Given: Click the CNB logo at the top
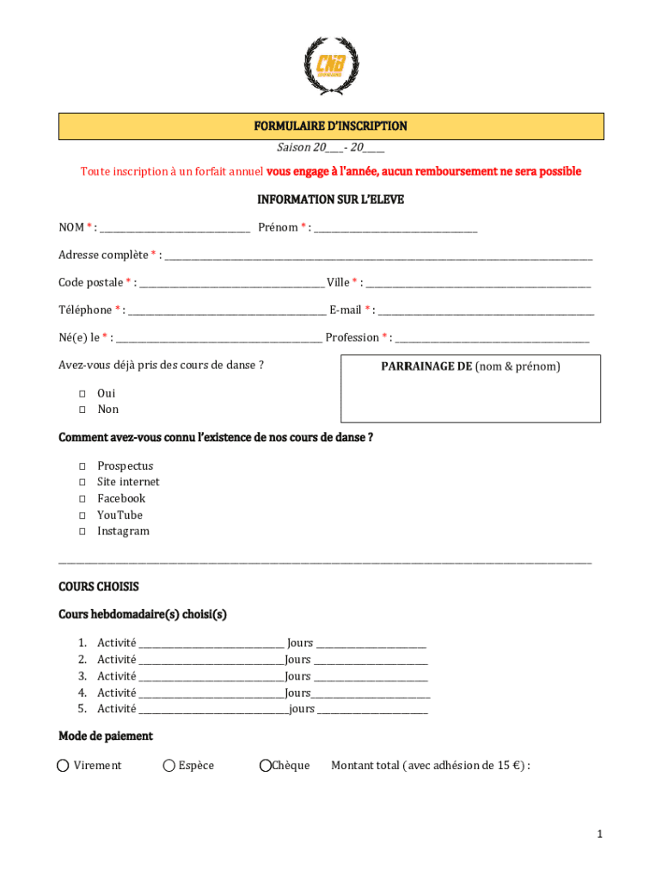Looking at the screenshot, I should point(331,65).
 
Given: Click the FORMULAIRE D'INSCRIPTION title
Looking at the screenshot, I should point(331,126).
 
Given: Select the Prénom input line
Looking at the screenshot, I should point(396,229).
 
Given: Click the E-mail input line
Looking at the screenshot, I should point(486,311).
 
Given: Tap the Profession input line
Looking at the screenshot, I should point(492,339).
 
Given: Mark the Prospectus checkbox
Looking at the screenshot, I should point(83,466).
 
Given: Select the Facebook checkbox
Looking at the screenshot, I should point(83,499).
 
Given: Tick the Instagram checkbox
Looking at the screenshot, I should point(83,532).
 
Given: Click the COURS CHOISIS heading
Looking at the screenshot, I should point(99,587).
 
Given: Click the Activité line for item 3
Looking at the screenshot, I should point(211,678).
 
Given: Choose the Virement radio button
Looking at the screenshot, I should point(64,766).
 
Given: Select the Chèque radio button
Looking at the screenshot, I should point(266,766).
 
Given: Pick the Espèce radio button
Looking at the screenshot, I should point(169,766).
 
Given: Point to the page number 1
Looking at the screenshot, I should point(600,835).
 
